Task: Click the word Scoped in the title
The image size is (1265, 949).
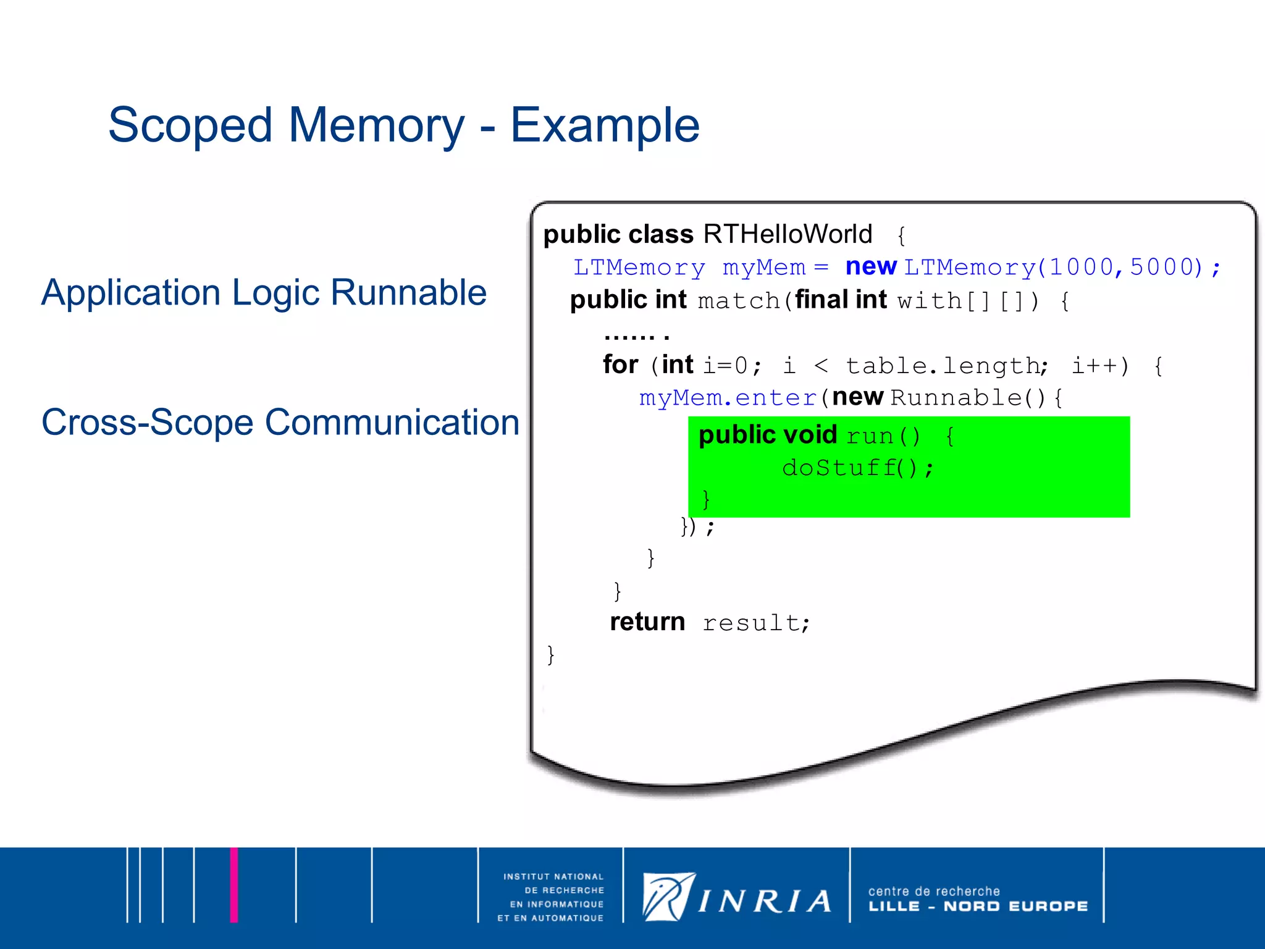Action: tap(190, 125)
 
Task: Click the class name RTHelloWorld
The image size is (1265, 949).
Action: tap(788, 235)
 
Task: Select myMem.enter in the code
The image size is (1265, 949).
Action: tap(728, 398)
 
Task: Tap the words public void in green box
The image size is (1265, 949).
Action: tap(768, 435)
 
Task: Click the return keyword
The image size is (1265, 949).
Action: tap(647, 622)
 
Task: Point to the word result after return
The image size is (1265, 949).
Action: tap(755, 623)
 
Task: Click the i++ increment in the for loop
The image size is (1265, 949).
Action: tap(1099, 366)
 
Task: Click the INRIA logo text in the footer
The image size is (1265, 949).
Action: tap(765, 901)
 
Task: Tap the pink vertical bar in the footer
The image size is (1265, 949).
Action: tap(234, 885)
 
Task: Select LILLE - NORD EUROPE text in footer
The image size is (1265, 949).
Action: tap(978, 906)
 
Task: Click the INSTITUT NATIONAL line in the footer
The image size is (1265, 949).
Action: tap(553, 877)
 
